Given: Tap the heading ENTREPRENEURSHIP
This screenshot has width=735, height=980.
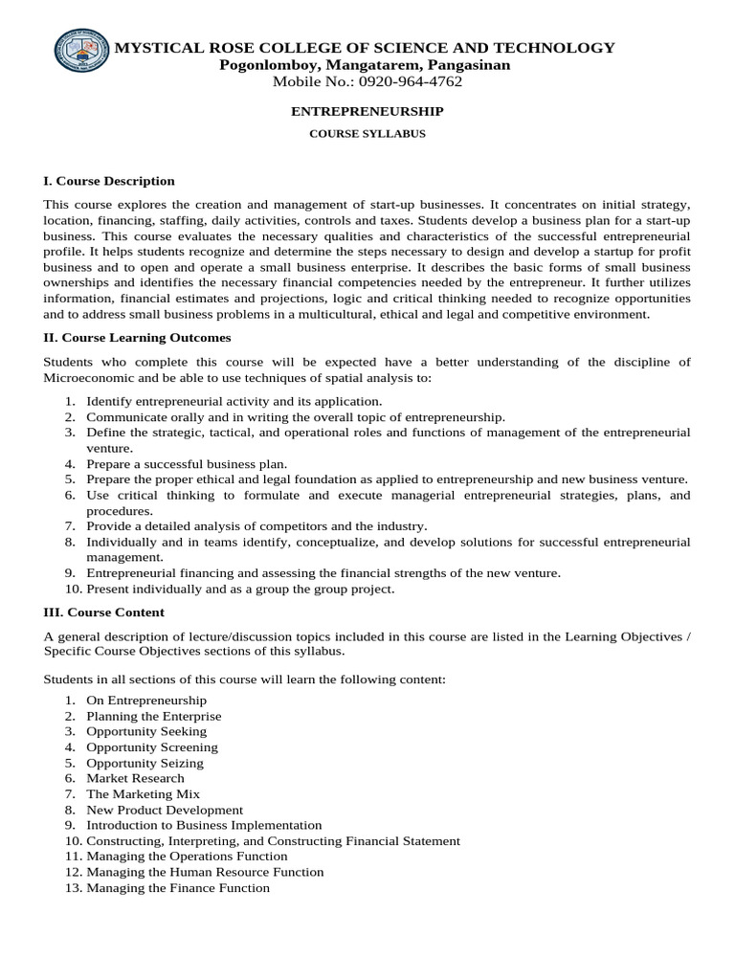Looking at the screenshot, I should coord(367,111).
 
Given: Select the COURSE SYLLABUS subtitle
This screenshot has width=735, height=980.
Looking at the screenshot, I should coord(367,134).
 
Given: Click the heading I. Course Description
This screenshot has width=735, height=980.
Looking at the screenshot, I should coord(109,180).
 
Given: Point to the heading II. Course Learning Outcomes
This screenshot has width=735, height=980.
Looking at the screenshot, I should coord(137,338).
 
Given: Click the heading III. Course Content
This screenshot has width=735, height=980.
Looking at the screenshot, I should coord(104,612).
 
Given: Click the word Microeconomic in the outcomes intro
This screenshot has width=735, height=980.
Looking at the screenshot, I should coord(90,378).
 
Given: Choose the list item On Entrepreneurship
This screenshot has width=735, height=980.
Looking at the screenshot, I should coord(146,701).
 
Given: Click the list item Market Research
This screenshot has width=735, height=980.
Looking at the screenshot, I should coord(135,778).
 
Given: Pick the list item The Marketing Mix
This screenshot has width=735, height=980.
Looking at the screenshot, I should coord(143,793).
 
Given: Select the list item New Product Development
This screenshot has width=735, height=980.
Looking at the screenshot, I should coord(165,810).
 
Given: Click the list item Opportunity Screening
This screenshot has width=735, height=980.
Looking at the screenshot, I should coord(152,747).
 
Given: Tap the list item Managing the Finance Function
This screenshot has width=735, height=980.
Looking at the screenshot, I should coord(178,887).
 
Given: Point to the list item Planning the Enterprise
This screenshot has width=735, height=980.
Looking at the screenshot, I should coord(153,716).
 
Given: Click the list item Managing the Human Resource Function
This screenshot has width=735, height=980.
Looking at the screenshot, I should coord(205,872).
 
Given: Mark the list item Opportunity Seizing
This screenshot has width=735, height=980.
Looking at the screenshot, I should coord(145,763).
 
